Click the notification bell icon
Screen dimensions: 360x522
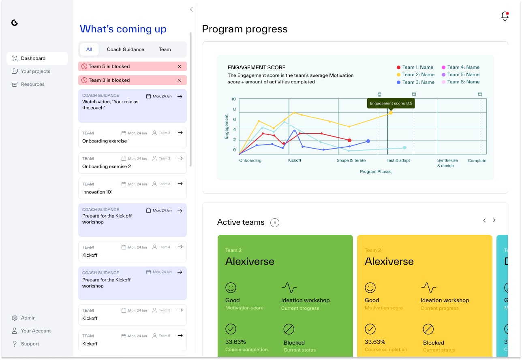[505, 16]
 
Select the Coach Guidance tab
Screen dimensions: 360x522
[125, 49]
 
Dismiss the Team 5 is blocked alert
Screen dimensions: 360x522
[180, 66]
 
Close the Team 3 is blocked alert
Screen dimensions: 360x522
[180, 80]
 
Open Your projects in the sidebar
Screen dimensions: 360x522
[35, 71]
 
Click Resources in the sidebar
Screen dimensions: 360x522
[32, 84]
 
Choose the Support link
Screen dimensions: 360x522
[30, 344]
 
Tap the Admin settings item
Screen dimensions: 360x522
[28, 318]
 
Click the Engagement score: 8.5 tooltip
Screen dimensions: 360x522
[391, 103]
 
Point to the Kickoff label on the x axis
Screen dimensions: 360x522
[295, 160]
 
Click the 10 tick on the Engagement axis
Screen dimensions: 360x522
[233, 99]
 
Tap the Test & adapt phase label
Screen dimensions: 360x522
[398, 160]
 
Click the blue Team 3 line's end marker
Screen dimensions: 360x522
[368, 141]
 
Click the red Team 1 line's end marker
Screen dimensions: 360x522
[349, 140]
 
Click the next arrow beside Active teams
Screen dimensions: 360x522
[494, 220]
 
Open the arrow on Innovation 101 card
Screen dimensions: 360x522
[180, 184]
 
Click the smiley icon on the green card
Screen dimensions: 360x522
[231, 288]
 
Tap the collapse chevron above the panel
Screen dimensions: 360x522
[191, 9]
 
